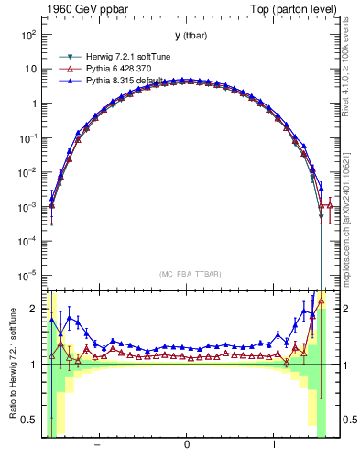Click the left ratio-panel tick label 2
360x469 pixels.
tap(33, 310)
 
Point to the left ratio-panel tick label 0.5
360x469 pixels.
tap(29, 420)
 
